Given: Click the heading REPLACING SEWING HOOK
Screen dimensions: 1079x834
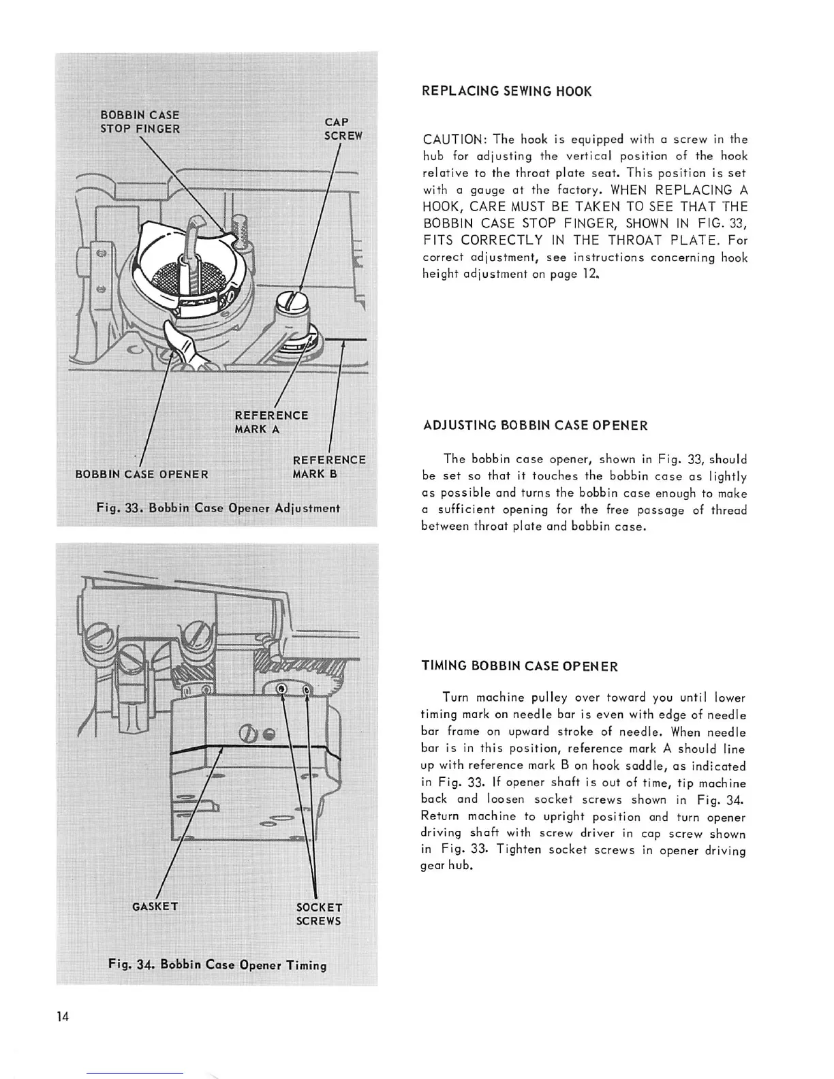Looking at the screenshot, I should (507, 91).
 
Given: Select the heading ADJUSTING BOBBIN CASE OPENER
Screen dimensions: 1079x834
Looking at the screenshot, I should (535, 426).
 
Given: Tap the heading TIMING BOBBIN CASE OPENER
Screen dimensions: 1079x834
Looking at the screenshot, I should (520, 666).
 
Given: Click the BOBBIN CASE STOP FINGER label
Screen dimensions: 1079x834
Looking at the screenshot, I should (140, 122).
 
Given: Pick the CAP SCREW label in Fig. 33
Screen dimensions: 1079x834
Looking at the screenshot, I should (343, 129).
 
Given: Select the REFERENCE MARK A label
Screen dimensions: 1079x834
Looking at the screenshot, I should (271, 422).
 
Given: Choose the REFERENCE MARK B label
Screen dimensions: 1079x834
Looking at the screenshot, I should (328, 467).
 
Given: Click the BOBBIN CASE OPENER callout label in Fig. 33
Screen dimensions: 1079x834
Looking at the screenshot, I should (142, 474).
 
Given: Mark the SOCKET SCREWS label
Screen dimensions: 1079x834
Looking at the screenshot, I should (319, 914).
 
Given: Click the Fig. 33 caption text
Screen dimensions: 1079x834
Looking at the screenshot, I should (218, 508).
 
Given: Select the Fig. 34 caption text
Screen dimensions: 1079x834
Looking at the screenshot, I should (217, 965).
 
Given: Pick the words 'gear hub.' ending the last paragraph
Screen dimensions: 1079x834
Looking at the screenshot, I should (446, 867).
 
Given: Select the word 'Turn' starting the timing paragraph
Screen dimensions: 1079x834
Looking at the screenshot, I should (454, 698).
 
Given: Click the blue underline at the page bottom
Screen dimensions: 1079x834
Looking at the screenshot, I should (135, 1073).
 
